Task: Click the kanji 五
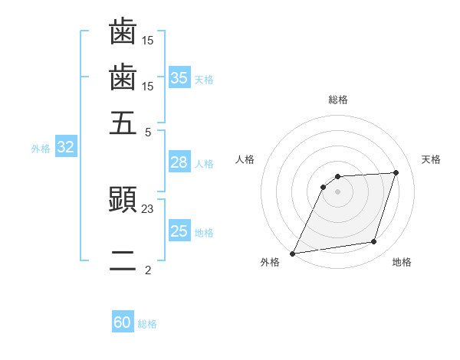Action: (x=123, y=122)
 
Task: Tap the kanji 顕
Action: (x=123, y=201)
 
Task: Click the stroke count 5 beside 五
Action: (x=148, y=131)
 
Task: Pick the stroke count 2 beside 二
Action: (x=148, y=270)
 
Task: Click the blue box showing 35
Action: (x=179, y=77)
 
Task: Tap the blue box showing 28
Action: (x=179, y=162)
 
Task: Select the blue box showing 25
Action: (x=179, y=231)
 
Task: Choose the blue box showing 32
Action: (x=65, y=148)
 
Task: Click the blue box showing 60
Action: (x=123, y=322)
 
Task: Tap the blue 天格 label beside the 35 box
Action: (x=204, y=79)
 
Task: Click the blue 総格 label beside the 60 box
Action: (x=147, y=324)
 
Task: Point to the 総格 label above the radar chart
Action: (x=337, y=100)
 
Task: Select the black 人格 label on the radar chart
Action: (x=245, y=159)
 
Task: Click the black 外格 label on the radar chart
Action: (x=270, y=262)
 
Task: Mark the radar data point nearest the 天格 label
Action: (x=396, y=172)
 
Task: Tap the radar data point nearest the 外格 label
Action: (x=293, y=254)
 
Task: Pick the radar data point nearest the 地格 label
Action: (x=374, y=242)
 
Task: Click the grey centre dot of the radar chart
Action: (x=337, y=191)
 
